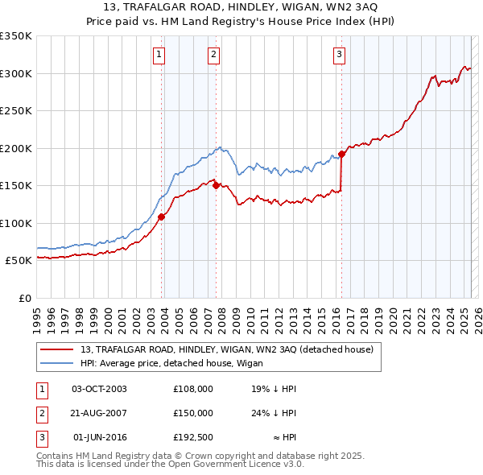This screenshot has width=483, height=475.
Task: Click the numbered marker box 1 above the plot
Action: (x=159, y=55)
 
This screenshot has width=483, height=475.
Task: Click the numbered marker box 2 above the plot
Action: (x=213, y=55)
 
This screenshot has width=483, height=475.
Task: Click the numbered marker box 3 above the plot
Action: (x=339, y=55)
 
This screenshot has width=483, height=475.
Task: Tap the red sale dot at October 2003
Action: (x=162, y=216)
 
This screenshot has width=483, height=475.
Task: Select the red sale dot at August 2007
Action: (x=217, y=184)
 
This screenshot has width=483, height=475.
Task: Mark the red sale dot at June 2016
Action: (x=342, y=153)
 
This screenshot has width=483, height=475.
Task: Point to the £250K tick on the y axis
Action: (x=16, y=111)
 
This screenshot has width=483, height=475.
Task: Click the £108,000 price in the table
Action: (x=192, y=389)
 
